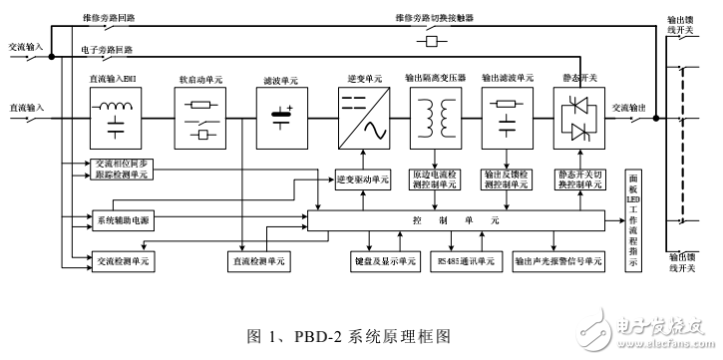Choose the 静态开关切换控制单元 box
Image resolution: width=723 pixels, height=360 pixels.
coord(580,176)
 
